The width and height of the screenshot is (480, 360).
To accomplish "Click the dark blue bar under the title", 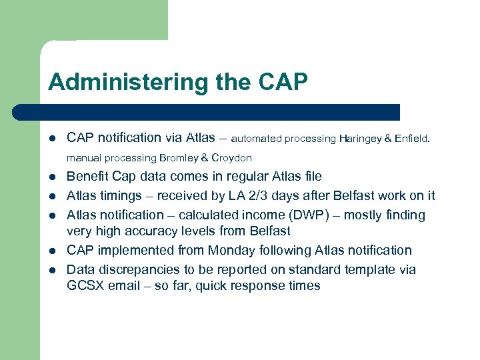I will tap(207, 112).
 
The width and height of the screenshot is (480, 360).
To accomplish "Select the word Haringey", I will tap(361, 139).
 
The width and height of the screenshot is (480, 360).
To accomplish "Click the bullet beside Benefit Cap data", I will tap(52, 177).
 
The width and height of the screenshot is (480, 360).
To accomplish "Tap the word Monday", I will tap(228, 250).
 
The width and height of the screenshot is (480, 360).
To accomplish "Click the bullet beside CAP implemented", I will tap(52, 251).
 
